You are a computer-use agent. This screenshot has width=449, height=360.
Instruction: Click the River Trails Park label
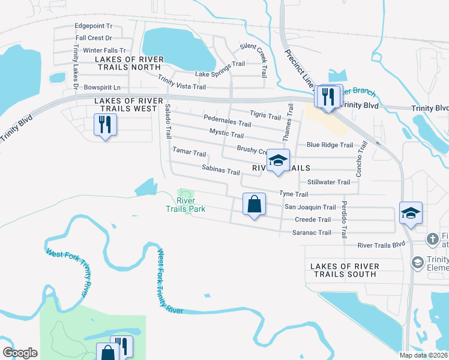click(186, 205)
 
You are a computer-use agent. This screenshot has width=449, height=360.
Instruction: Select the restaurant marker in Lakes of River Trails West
click(105, 125)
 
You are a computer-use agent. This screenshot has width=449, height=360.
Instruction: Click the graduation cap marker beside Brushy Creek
click(278, 161)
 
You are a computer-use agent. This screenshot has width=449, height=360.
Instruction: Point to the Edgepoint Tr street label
click(94, 26)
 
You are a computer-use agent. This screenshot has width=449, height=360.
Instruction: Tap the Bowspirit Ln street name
click(103, 87)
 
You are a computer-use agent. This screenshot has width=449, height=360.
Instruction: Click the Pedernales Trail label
click(227, 123)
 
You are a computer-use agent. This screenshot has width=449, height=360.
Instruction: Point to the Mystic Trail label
click(226, 133)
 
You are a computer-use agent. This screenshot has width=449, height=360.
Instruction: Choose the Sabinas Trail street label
click(221, 171)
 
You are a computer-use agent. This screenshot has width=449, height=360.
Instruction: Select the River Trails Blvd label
click(382, 245)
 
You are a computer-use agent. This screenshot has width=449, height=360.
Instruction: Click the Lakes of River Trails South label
click(345, 270)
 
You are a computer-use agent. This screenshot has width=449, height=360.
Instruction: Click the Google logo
click(19, 353)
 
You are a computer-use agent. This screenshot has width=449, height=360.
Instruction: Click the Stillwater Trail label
click(328, 182)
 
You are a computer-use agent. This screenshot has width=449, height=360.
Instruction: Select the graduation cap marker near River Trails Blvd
click(411, 213)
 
